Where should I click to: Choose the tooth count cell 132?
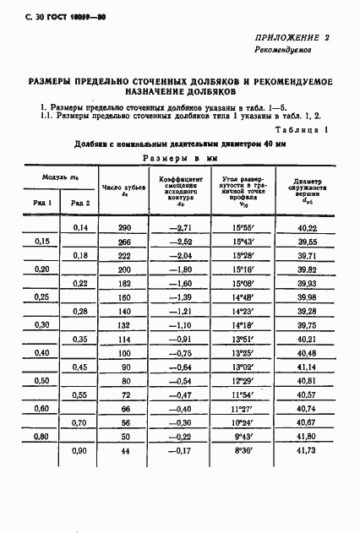coord(125,324)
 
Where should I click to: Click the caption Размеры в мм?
coord(180,158)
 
